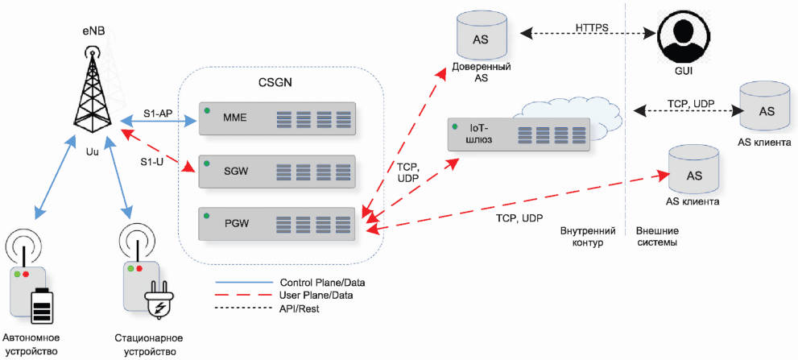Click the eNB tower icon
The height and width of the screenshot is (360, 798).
[x=93, y=91]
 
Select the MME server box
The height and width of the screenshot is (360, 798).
[x=276, y=118]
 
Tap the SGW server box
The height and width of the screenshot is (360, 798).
[x=276, y=171]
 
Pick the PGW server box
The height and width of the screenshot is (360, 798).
[x=276, y=224]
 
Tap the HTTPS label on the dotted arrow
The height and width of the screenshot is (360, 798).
[x=593, y=27]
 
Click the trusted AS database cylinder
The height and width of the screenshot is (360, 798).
[x=481, y=36]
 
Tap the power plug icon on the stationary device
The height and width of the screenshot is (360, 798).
[x=159, y=304]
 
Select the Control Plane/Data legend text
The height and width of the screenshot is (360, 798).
[x=323, y=282]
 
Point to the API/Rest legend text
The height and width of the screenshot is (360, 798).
[x=300, y=308]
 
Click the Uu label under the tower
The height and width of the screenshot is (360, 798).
[x=92, y=151]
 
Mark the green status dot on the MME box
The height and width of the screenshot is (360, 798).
[x=207, y=110]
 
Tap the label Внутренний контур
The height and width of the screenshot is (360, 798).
[x=588, y=237]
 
